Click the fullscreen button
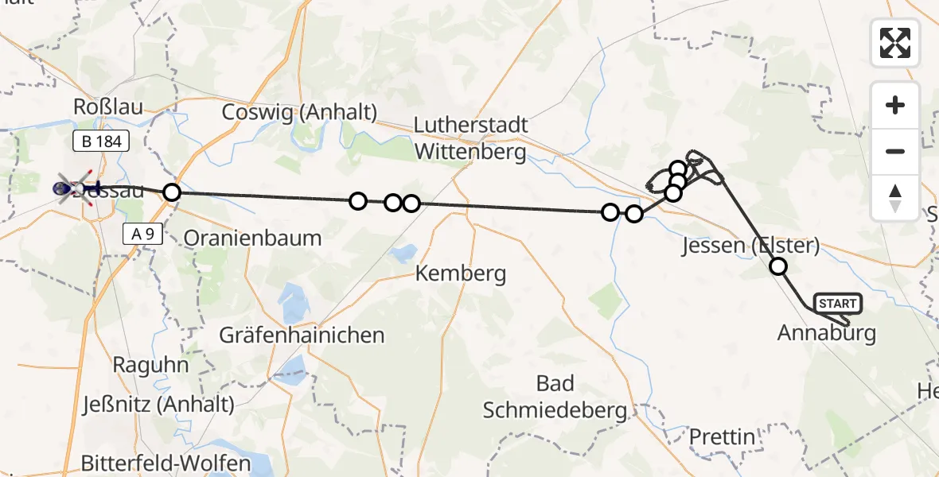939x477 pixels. [x=895, y=43]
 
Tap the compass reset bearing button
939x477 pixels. [x=895, y=197]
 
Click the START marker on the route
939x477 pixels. [x=838, y=304]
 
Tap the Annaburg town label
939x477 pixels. [x=826, y=333]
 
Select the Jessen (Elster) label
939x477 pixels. [x=750, y=246]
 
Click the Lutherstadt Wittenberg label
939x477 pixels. [x=470, y=138]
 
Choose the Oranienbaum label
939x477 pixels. [x=252, y=238]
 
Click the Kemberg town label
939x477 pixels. [x=461, y=274]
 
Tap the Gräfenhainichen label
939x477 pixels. [x=302, y=335]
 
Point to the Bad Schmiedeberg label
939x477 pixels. [x=555, y=397]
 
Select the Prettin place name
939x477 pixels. [x=722, y=436]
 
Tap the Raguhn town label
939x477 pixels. [x=151, y=366]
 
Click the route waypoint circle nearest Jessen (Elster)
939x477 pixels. [x=778, y=266]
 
